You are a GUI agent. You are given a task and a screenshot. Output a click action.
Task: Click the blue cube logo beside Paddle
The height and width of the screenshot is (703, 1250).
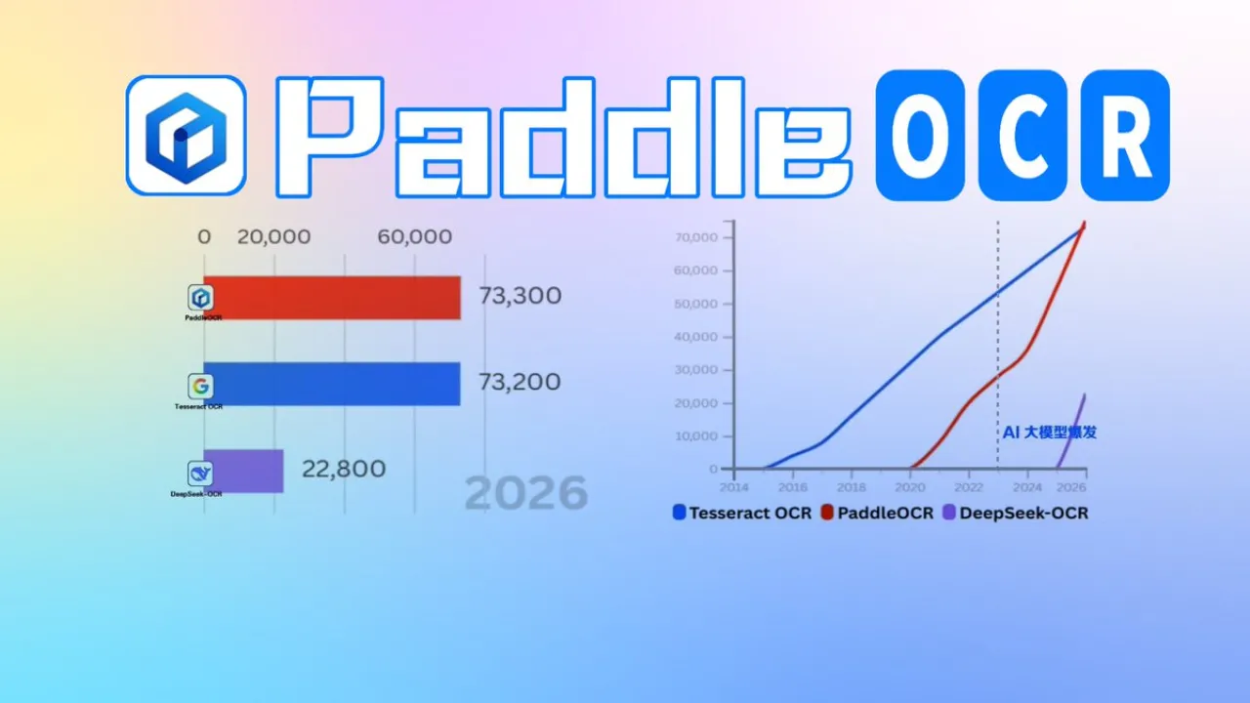186,135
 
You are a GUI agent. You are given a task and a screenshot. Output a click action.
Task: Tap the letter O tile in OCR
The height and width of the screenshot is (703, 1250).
920,135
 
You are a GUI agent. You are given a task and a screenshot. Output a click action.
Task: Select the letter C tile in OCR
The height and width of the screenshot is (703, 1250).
1021,135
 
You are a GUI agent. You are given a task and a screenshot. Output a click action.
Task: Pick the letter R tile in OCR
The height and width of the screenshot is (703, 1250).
1124,135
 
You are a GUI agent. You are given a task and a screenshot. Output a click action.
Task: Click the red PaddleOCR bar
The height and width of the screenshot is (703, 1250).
332,297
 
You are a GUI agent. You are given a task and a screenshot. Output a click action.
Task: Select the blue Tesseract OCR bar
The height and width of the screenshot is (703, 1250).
332,384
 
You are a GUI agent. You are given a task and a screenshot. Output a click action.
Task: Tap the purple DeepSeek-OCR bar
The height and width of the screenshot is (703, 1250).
244,471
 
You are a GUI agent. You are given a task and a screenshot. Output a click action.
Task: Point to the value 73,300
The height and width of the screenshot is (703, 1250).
520,296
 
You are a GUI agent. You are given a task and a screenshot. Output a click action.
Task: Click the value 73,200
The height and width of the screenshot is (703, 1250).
520,382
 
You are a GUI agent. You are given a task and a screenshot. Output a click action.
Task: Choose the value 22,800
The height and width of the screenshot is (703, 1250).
343,470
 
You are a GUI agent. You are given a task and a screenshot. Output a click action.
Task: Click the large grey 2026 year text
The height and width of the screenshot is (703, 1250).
525,494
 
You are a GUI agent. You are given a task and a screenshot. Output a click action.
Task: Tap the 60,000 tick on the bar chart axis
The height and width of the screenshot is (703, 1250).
415,237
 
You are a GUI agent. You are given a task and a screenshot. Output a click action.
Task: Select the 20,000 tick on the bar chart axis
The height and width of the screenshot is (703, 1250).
274,237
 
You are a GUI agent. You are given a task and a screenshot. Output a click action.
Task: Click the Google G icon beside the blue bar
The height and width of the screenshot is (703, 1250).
200,385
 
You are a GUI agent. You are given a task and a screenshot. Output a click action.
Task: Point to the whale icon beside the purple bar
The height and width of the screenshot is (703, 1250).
200,474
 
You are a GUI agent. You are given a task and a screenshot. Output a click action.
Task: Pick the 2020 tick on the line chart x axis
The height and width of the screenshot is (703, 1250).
910,486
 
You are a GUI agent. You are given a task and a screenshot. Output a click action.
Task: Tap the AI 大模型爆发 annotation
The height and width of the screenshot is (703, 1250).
1050,432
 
